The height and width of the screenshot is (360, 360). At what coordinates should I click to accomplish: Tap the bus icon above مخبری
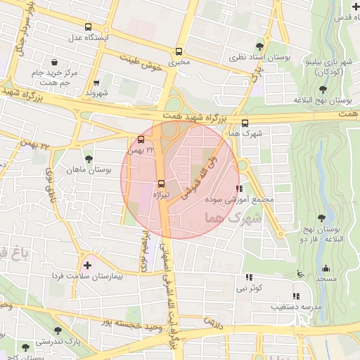point(179,52)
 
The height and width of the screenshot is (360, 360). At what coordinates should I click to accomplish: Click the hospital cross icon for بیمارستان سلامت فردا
point(87,266)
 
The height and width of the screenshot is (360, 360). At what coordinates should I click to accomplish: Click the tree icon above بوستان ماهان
point(89,159)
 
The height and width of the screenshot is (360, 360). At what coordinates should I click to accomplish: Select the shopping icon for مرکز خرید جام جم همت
point(53,59)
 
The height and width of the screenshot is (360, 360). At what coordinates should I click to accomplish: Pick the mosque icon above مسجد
point(325,269)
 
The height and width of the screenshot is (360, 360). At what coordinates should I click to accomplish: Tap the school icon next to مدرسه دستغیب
point(296,297)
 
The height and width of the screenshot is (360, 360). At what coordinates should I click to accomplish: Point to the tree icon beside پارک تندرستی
point(57,330)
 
